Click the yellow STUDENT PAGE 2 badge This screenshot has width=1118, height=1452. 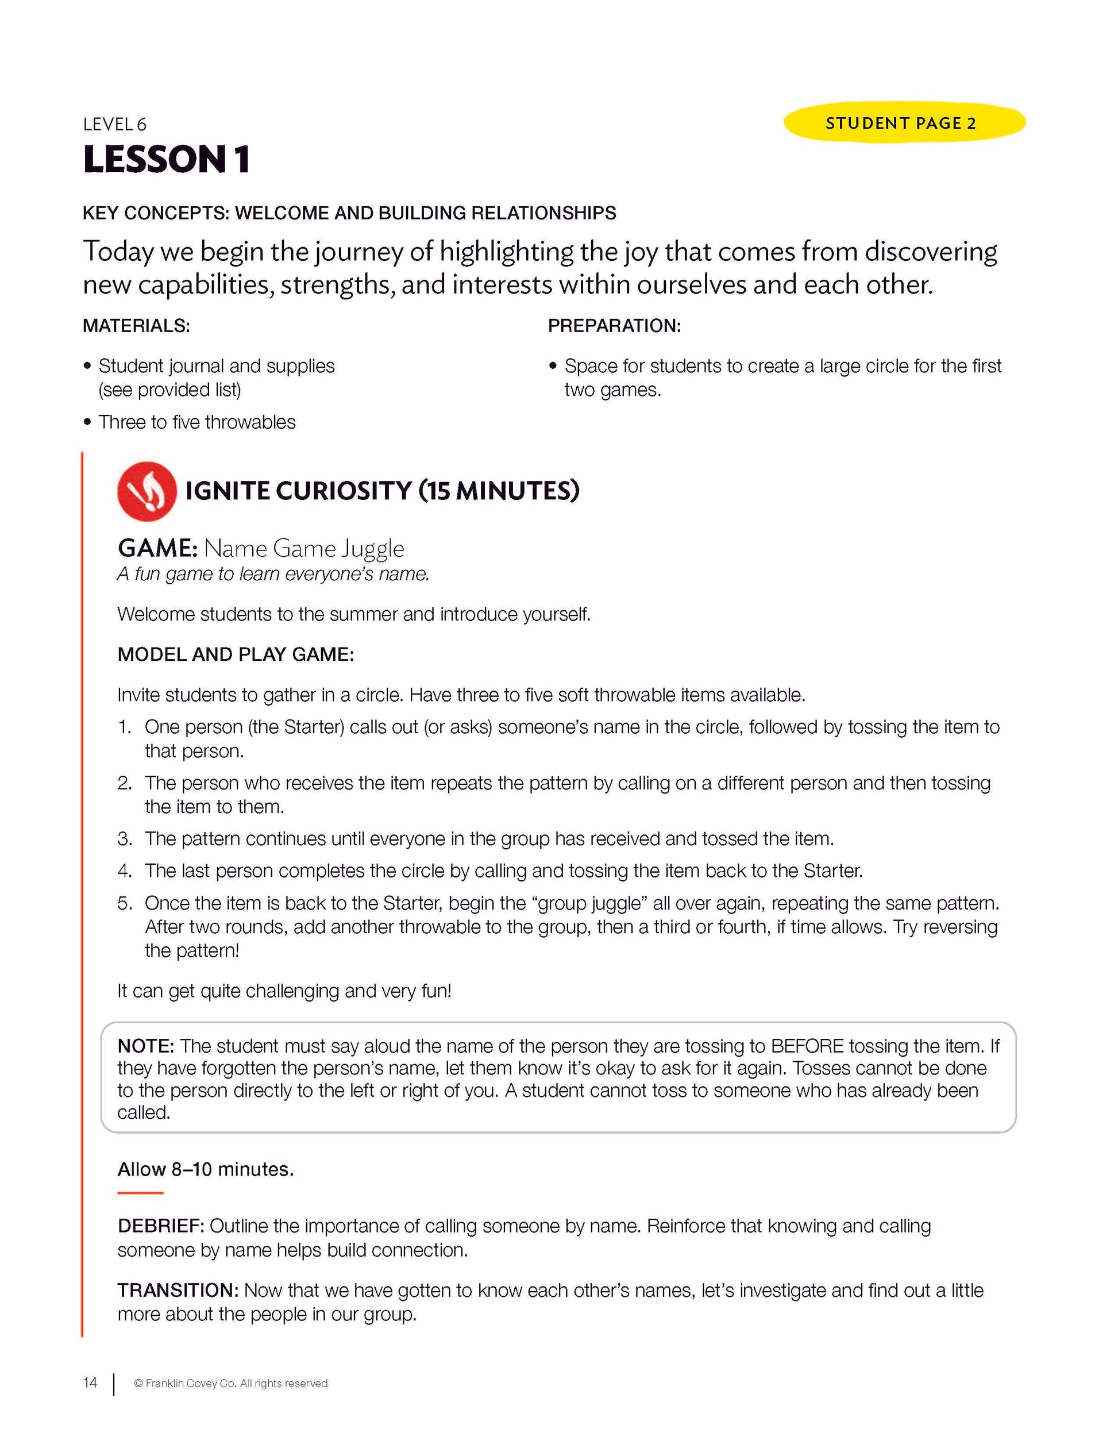(903, 123)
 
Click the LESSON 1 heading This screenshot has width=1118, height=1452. (166, 160)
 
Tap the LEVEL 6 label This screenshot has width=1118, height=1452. (114, 124)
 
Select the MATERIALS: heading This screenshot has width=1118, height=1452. (136, 326)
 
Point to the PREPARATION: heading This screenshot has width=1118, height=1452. (614, 326)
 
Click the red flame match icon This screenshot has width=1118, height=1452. (147, 491)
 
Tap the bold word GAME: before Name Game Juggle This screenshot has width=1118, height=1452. (157, 549)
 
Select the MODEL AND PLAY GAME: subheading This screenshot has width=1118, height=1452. (236, 654)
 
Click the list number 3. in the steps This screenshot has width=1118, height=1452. (125, 839)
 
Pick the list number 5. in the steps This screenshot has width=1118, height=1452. (125, 903)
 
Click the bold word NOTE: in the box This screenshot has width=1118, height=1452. (145, 1046)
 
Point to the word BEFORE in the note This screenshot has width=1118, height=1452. (807, 1046)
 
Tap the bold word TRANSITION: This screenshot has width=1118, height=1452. (178, 1291)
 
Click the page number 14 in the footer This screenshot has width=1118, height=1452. (90, 1383)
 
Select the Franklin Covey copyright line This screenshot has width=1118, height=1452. (230, 1384)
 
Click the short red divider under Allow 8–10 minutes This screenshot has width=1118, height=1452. (140, 1193)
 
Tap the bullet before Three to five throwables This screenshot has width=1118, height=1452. (87, 423)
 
